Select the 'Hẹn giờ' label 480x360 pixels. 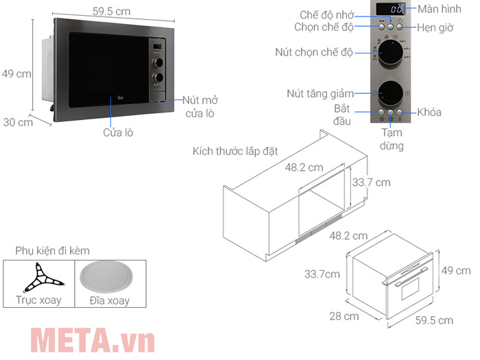point(437,27)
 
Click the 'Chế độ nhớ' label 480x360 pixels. point(326,14)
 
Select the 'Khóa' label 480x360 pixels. point(429,112)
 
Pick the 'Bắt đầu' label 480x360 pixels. point(343,115)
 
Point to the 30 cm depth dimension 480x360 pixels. point(17,123)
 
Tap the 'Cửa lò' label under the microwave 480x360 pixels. point(117,132)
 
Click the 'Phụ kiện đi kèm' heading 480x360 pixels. point(47,251)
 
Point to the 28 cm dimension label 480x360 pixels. point(342,316)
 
